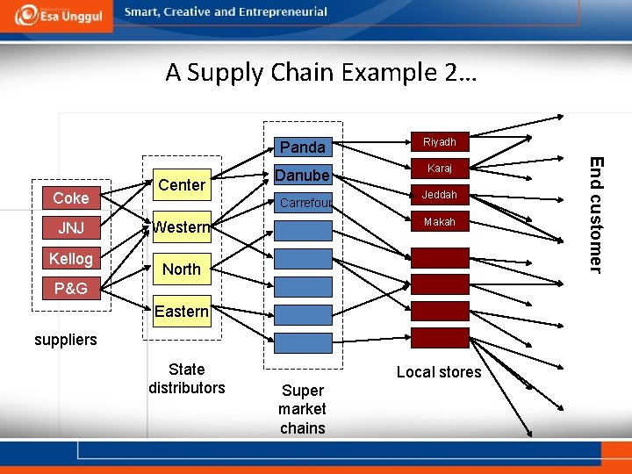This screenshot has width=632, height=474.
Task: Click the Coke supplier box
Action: pyautogui.click(x=70, y=198)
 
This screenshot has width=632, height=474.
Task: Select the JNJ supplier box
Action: pyautogui.click(x=70, y=229)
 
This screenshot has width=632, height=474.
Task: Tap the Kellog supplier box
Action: pyautogui.click(x=70, y=259)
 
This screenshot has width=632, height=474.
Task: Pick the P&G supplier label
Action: pyautogui.click(x=70, y=289)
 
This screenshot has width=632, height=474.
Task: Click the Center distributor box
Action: pyautogui.click(x=182, y=185)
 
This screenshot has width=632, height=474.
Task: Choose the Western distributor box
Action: pyautogui.click(x=182, y=228)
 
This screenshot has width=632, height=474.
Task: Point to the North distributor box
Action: pyautogui.click(x=182, y=269)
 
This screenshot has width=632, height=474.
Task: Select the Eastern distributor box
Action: pyautogui.click(x=182, y=312)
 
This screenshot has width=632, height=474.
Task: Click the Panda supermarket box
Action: pyautogui.click(x=303, y=147)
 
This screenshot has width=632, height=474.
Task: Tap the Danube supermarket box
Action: pyautogui.click(x=303, y=175)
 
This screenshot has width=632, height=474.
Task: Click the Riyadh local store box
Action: pyautogui.click(x=439, y=141)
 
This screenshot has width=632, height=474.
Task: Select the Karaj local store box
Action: pyautogui.click(x=439, y=167)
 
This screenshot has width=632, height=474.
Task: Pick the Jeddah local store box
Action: pyautogui.click(x=439, y=195)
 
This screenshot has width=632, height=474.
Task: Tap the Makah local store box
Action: pyautogui.click(x=439, y=223)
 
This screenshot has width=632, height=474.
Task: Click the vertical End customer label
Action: pyautogui.click(x=596, y=214)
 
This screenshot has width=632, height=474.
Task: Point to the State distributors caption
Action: pyautogui.click(x=186, y=379)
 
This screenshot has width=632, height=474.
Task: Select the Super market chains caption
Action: pyautogui.click(x=302, y=409)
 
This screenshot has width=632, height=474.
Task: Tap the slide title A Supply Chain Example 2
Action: pyautogui.click(x=320, y=73)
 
